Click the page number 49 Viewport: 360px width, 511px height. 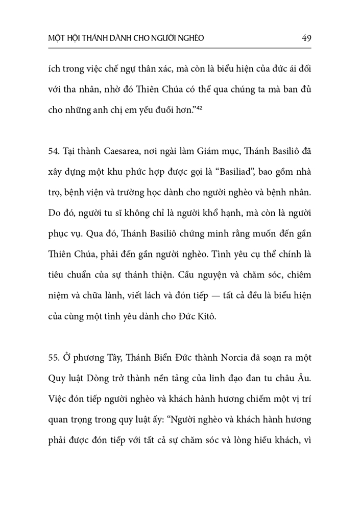click(x=307, y=38)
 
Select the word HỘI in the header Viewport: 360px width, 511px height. click(x=76, y=38)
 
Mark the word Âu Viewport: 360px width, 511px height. click(x=305, y=379)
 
